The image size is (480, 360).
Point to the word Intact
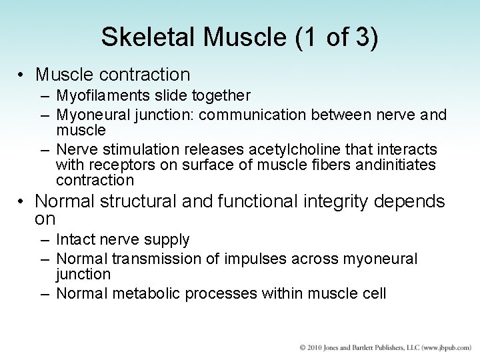point(77,239)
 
